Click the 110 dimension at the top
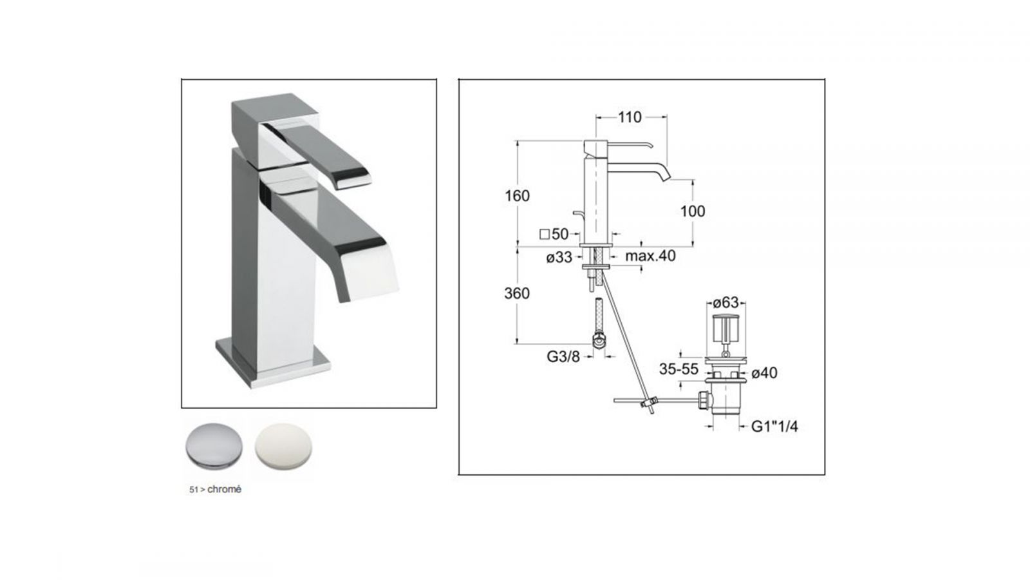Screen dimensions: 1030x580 tap(630, 117)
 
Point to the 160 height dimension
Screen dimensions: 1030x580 tap(518, 196)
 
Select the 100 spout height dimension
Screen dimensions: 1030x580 tap(693, 211)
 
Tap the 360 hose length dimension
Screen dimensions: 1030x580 tap(517, 293)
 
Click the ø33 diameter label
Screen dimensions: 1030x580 tap(559, 257)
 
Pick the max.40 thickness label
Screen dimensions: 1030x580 tap(650, 255)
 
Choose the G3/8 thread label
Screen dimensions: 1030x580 tap(563, 356)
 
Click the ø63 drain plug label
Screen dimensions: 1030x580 tap(726, 303)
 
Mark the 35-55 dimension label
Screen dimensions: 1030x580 tap(679, 369)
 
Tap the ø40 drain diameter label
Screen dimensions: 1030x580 tap(764, 373)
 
